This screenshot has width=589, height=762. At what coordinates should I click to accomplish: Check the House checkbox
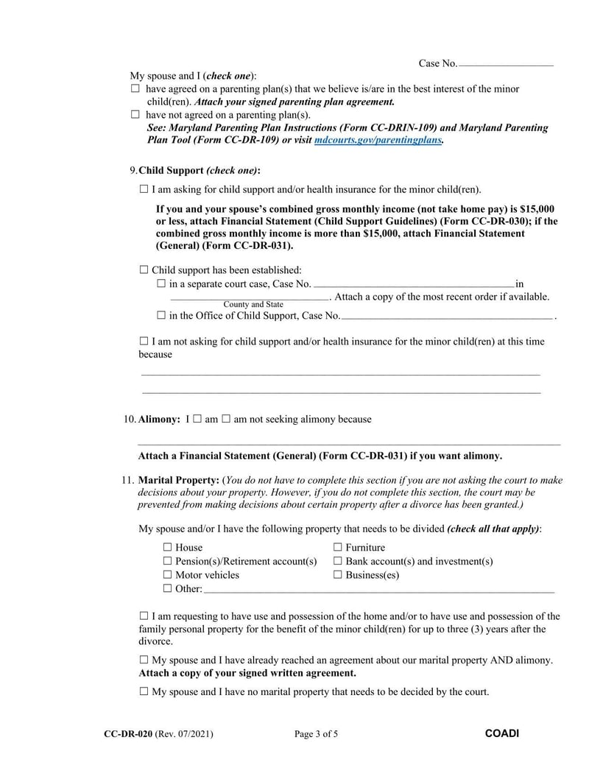pyautogui.click(x=167, y=547)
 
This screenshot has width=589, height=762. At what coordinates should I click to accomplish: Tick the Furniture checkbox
pyautogui.click(x=338, y=547)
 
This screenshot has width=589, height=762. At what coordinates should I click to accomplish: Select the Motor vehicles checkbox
pyautogui.click(x=167, y=575)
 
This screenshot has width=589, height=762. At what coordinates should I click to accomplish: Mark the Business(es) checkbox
pyautogui.click(x=338, y=575)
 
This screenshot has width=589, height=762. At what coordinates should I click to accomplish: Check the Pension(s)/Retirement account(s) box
pyautogui.click(x=167, y=561)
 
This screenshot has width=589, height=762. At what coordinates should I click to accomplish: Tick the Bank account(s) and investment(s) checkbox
pyautogui.click(x=338, y=561)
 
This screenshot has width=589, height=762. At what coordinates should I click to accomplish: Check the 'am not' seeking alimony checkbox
pyautogui.click(x=227, y=419)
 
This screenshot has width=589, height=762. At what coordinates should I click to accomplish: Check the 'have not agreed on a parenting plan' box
pyautogui.click(x=135, y=115)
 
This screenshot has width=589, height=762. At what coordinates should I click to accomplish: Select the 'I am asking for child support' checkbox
pyautogui.click(x=144, y=189)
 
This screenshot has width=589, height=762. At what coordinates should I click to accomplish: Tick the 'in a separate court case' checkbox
pyautogui.click(x=161, y=283)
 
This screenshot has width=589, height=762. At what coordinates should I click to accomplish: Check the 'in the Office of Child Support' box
pyautogui.click(x=161, y=316)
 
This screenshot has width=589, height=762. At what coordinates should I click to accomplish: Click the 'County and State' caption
pyautogui.click(x=253, y=304)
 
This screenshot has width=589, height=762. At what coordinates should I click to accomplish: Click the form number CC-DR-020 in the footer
pyautogui.click(x=128, y=733)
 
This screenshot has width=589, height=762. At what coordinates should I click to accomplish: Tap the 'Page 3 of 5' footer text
pyautogui.click(x=316, y=733)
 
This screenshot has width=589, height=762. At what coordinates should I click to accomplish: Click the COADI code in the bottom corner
pyautogui.click(x=502, y=733)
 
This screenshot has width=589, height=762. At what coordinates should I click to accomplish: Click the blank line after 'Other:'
pyautogui.click(x=378, y=589)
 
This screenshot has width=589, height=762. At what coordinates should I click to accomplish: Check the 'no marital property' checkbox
pyautogui.click(x=144, y=691)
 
